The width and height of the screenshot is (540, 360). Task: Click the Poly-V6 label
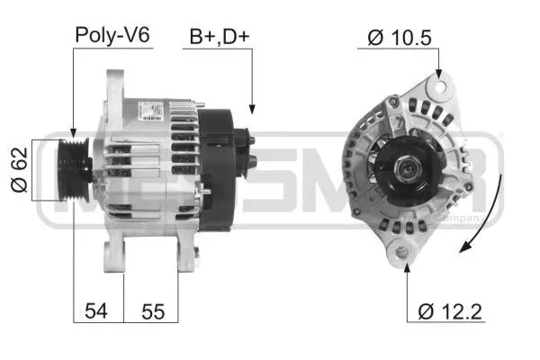click(112, 36)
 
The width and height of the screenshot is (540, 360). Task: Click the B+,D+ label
click(218, 36)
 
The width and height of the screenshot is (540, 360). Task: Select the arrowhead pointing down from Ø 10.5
click(439, 76)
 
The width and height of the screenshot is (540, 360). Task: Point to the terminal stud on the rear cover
click(252, 162)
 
